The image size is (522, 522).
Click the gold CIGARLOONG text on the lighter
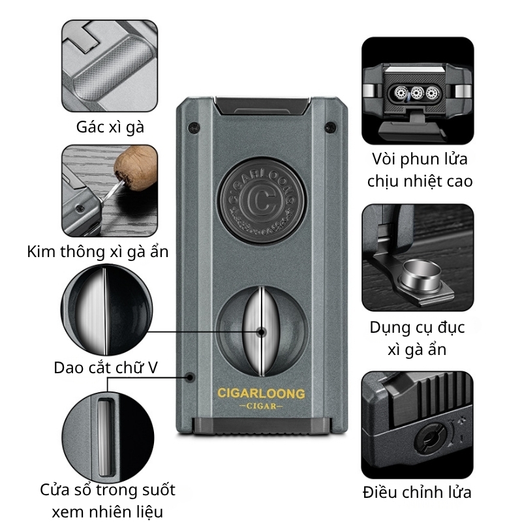coord(260,393)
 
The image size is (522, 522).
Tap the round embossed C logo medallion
coord(260,199)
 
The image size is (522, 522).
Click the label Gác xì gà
coord(110,127)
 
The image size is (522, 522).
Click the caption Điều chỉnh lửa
coord(417,493)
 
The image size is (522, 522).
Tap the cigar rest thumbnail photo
coord(110,65)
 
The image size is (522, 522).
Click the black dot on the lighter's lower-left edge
coord(190,376)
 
